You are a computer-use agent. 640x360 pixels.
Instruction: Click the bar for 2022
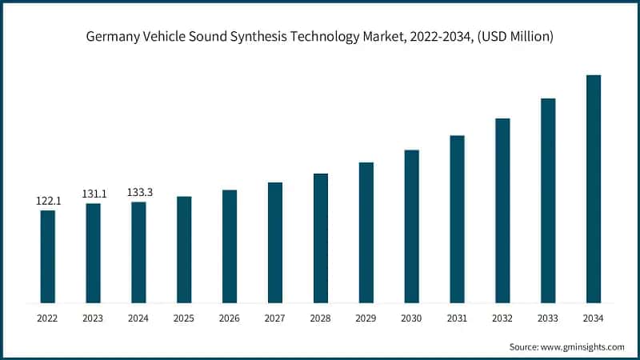48,256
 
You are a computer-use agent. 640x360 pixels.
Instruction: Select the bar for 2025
184,250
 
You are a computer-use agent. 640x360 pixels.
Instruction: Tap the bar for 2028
320,238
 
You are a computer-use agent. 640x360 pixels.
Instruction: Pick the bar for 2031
457,219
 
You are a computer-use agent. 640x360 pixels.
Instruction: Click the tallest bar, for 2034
593,189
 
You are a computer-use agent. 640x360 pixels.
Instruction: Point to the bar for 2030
411,226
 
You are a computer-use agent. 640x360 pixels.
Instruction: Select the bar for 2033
547,201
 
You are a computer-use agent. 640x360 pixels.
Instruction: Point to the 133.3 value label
139,192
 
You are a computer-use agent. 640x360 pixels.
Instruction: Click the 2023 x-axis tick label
94,318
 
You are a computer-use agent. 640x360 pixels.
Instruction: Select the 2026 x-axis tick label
230,318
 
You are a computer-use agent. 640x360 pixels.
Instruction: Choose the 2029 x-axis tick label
366,318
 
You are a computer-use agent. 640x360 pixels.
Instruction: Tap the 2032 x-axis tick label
502,318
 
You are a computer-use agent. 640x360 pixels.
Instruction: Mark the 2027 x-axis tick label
275,318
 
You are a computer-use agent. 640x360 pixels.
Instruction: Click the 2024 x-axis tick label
139,318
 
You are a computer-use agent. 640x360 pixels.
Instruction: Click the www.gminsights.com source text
585,347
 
